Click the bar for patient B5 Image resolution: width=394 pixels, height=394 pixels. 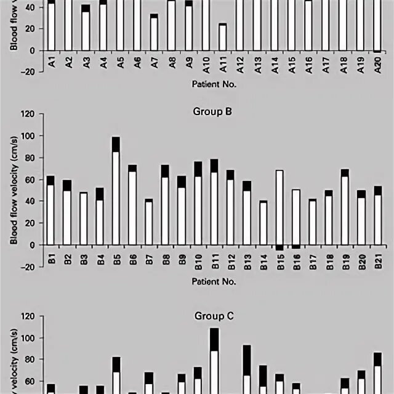[116, 191]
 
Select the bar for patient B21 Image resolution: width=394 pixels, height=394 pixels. [378, 215]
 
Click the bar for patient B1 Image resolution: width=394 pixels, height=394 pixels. [50, 210]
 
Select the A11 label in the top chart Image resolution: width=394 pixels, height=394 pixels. [223, 64]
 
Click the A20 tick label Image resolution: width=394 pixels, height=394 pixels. [378, 64]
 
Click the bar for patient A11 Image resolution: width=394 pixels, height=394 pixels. [222, 37]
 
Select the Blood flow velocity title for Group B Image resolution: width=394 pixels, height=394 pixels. [13, 191]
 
